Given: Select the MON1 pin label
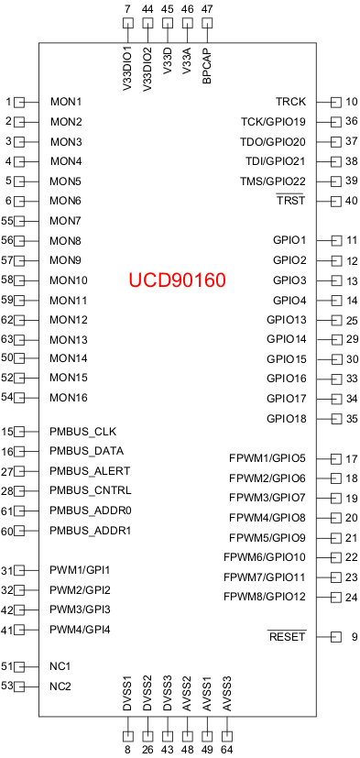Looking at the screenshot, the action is coord(66,102).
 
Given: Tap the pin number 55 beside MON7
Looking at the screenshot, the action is coord(6,221).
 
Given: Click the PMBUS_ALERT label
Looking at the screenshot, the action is coord(91,471).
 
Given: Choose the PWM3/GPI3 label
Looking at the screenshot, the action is coord(81,610).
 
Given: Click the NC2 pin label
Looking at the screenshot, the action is coord(60,687).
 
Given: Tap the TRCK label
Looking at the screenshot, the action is coord(290,102).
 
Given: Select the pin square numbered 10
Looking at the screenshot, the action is coord(335,102).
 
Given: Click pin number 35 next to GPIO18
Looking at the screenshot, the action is coord(352,419).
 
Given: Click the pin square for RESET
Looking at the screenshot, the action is coord(335,637).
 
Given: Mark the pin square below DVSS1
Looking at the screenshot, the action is coord(126,735).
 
